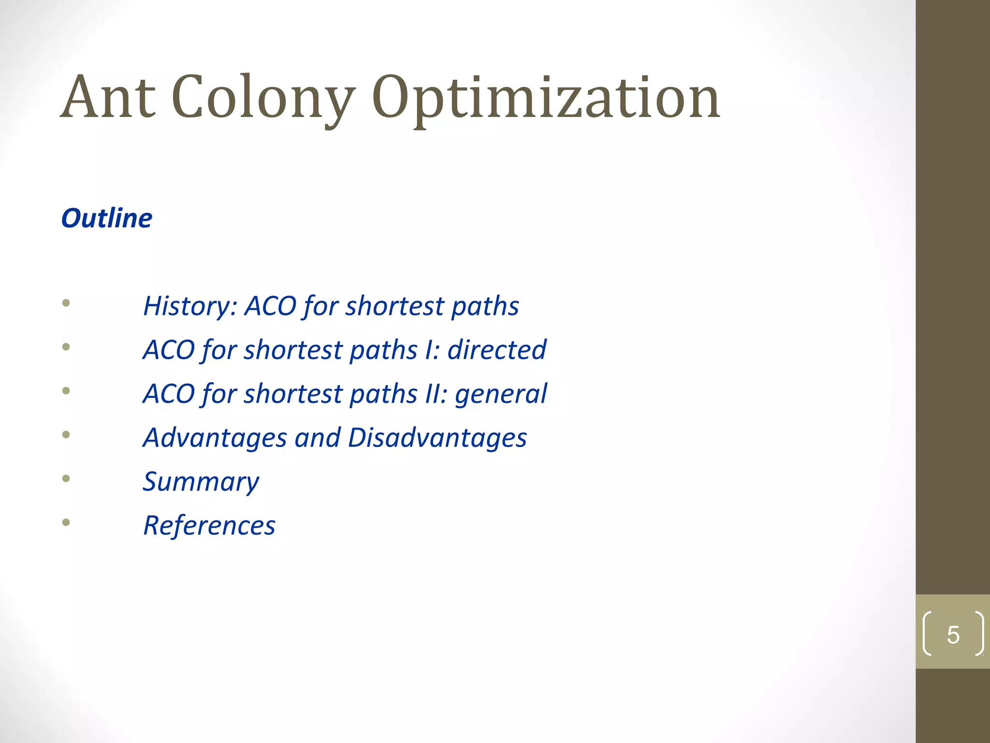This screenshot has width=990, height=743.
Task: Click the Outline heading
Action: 107,218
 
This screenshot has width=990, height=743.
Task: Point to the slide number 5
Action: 953,635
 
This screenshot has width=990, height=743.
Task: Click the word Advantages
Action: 215,438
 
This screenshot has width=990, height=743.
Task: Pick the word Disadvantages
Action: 437,438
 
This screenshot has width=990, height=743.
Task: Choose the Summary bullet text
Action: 201,482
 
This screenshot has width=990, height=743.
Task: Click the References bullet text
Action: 209,525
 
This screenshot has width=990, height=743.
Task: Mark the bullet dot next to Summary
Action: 66,479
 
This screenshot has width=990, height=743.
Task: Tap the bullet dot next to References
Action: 66,522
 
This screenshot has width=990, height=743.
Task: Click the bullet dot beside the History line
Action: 66,303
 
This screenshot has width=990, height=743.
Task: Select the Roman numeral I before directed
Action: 429,350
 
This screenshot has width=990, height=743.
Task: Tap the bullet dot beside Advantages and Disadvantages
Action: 66,434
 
